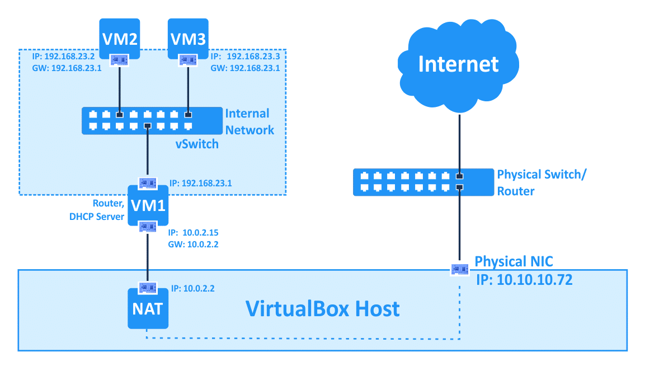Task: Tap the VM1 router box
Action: pyautogui.click(x=147, y=205)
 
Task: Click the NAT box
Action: pyautogui.click(x=147, y=308)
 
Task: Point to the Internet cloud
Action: pyautogui.click(x=458, y=63)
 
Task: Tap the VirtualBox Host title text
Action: pyautogui.click(x=323, y=308)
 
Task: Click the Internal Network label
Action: pyautogui.click(x=249, y=122)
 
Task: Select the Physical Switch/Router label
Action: pyautogui.click(x=541, y=182)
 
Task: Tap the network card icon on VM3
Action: pyautogui.click(x=188, y=59)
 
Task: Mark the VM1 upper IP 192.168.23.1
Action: pyautogui.click(x=199, y=182)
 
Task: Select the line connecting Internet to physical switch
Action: pyautogui.click(x=459, y=140)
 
